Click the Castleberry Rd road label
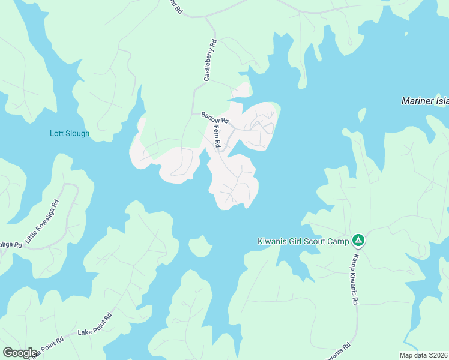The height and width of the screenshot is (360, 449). click(209, 60)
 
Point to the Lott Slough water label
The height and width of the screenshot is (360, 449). click(69, 133)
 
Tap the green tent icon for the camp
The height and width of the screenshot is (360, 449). click(358, 241)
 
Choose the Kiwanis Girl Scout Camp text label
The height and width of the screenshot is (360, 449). click(303, 241)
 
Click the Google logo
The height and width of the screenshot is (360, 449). click(20, 353)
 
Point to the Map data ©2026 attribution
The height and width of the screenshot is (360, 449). click(423, 355)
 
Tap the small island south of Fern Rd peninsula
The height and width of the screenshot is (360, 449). click(200, 245)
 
